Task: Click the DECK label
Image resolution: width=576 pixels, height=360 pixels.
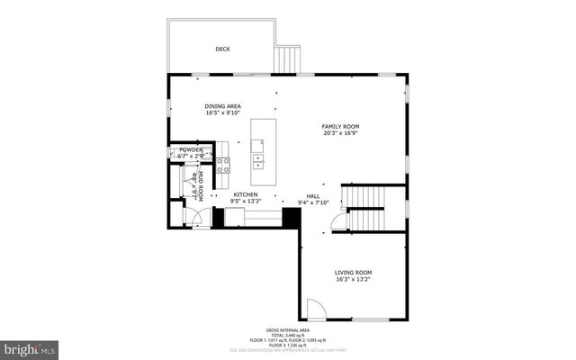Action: (x=221, y=49)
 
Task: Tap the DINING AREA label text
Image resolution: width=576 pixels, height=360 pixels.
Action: (x=222, y=106)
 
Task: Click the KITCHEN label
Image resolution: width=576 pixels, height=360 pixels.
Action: (x=246, y=194)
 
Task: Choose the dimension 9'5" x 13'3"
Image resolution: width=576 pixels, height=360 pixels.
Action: (x=246, y=202)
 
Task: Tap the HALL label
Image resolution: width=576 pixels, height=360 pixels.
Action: (x=313, y=195)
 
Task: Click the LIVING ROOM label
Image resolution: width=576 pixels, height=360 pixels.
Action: (x=354, y=272)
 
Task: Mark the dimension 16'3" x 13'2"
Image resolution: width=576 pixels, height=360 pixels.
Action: (x=354, y=279)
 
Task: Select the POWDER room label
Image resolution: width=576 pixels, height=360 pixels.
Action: (x=191, y=149)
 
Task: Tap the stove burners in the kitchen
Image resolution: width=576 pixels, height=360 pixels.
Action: (x=223, y=165)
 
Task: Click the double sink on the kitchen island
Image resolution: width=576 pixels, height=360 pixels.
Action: (x=258, y=160)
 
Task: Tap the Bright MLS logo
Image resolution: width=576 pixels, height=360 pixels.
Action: (x=29, y=346)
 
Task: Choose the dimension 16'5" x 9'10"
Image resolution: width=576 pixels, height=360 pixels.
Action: (x=222, y=113)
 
